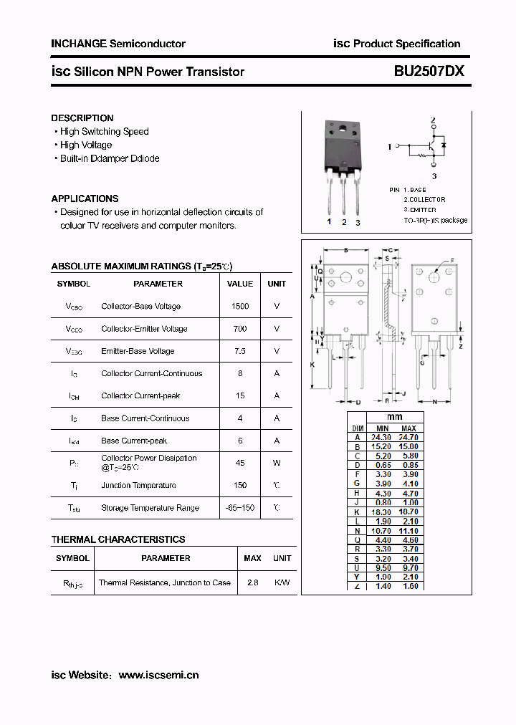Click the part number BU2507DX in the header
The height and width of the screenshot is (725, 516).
[429, 72]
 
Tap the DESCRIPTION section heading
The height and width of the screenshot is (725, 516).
[82, 118]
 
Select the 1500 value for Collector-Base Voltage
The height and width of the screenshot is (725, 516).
[240, 307]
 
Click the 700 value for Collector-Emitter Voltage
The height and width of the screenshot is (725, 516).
[240, 329]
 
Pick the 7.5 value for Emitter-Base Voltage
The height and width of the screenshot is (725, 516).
[240, 351]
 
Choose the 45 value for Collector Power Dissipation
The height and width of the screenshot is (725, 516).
[240, 463]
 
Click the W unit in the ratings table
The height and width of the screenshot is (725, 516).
[277, 463]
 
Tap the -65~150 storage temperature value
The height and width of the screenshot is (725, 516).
[240, 508]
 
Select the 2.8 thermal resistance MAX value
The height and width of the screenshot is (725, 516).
[252, 582]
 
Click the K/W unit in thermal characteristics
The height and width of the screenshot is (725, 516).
[282, 582]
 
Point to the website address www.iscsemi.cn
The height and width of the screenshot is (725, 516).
[158, 675]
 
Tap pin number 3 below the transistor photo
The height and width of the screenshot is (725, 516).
[358, 223]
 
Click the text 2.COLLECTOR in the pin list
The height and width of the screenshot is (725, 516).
[424, 200]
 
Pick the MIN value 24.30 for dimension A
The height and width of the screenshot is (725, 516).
[381, 437]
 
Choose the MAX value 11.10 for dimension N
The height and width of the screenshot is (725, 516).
[408, 531]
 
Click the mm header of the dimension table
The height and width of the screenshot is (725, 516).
[394, 417]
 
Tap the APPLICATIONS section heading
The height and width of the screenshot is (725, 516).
[85, 198]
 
